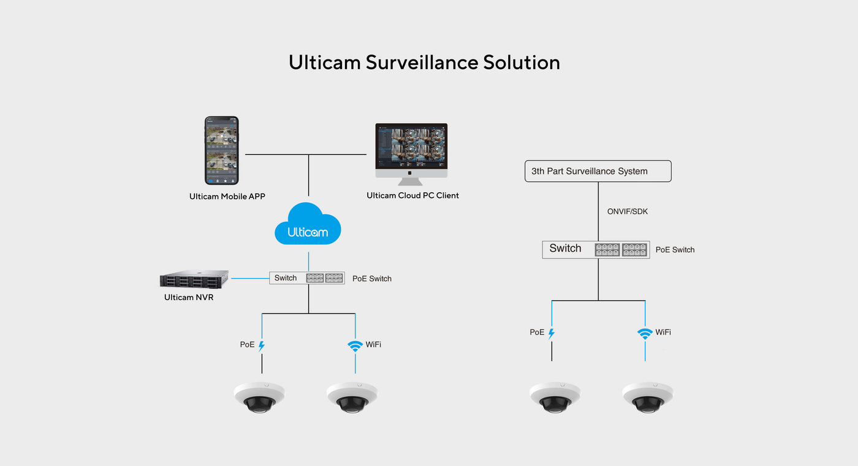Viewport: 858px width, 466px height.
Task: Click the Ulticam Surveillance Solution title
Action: (x=424, y=62)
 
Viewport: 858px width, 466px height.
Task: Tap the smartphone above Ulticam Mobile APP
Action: (x=222, y=150)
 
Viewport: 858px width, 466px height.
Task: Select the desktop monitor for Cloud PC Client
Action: (x=411, y=151)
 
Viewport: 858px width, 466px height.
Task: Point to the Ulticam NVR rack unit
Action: (x=194, y=279)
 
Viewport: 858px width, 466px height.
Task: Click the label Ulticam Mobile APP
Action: (x=227, y=197)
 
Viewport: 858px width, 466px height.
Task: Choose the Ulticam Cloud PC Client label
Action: (x=412, y=195)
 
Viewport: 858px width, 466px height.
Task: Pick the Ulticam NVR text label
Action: (x=189, y=298)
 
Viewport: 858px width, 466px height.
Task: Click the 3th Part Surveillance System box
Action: (x=598, y=171)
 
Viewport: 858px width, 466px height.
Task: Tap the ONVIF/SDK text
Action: (x=628, y=211)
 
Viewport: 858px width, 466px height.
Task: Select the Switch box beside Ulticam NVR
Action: (x=307, y=278)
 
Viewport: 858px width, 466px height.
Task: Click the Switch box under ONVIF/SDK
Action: (x=596, y=249)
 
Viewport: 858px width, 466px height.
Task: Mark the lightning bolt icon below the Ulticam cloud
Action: (x=262, y=345)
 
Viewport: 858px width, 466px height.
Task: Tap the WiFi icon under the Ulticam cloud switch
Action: (x=355, y=345)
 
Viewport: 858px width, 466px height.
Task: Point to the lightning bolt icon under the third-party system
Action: (x=551, y=333)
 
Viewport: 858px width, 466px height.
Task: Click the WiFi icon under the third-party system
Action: (x=645, y=333)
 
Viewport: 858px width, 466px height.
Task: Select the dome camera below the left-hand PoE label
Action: (x=259, y=397)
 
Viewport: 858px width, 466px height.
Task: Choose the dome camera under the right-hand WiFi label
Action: (x=648, y=397)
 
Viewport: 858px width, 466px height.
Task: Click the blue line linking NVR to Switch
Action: (x=249, y=279)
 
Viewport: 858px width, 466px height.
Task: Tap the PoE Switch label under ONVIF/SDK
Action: (x=675, y=250)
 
